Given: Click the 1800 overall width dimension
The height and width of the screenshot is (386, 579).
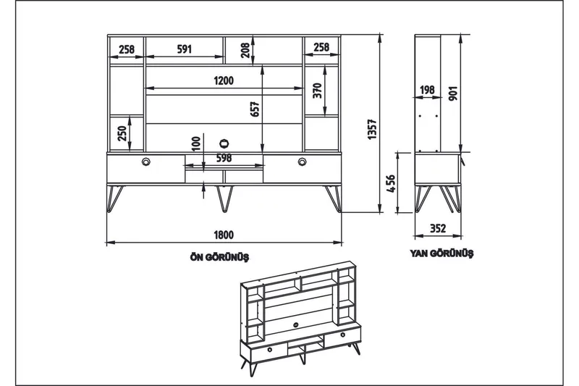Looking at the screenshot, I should point(224,235).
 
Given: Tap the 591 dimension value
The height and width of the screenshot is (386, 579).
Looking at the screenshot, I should point(184,49).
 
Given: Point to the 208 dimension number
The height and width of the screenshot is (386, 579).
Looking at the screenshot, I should point(246,49).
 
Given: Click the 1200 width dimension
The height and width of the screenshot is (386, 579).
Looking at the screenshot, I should point(224,81).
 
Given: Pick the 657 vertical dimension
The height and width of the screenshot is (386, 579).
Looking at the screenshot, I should point(255,109).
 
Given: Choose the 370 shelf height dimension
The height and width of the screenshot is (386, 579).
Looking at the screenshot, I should point(317,91).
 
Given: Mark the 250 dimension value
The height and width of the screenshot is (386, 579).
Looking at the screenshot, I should point(123,135).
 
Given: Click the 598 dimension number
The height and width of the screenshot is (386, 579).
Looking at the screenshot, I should point(224,159).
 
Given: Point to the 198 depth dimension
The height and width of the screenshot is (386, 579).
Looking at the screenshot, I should point(427,91).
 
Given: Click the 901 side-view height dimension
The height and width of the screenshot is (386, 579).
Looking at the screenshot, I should point(453,94).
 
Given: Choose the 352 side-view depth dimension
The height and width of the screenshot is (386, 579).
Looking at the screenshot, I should point(437,229).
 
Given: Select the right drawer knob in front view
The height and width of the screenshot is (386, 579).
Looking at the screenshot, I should point(302,161).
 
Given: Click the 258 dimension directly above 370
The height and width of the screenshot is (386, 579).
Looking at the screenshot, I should point(321,49).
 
